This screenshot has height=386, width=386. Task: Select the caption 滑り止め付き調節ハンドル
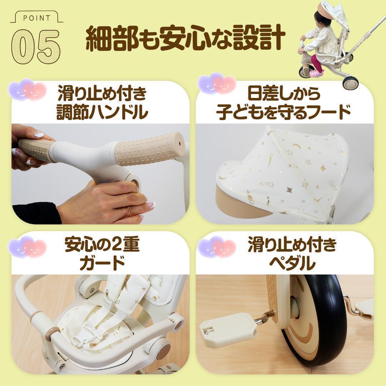pyautogui.click(x=102, y=103)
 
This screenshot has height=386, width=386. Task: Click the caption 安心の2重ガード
pyautogui.click(x=102, y=253)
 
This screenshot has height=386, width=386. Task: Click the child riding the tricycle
pyautogui.click(x=318, y=39)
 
